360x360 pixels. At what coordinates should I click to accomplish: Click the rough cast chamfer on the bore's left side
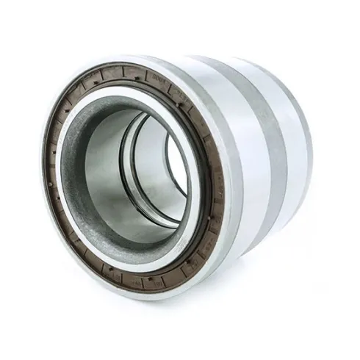[73, 176]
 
